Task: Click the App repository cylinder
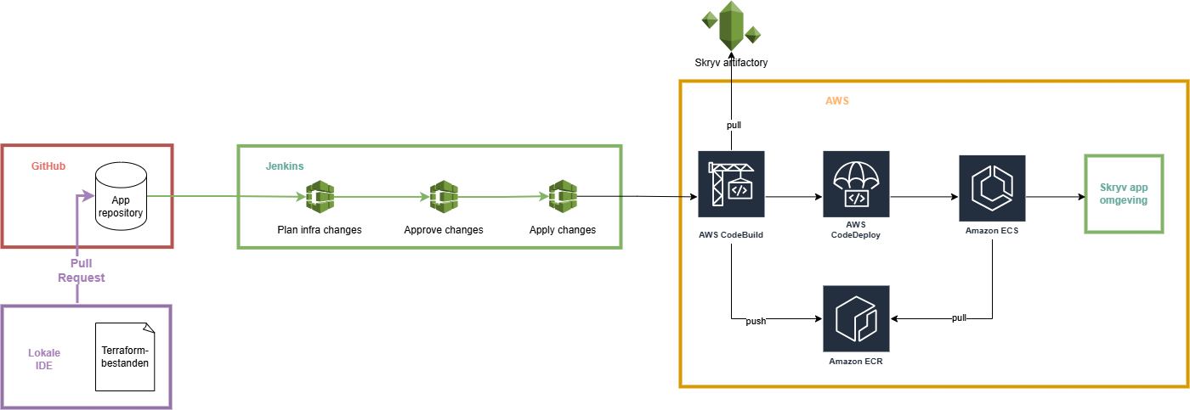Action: point(121,196)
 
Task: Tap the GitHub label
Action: point(48,166)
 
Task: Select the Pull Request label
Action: point(81,270)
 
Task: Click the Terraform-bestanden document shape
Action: point(125,357)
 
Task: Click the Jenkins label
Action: point(284,166)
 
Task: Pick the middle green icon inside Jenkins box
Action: point(443,197)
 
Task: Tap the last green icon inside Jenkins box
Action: point(562,196)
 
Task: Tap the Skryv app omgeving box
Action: point(1124,194)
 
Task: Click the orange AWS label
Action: point(837,101)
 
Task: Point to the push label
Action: point(756,322)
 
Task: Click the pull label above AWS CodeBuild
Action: point(734,125)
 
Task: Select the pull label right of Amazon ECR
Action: point(959,317)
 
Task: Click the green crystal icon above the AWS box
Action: point(731,25)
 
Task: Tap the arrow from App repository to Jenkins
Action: point(225,197)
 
